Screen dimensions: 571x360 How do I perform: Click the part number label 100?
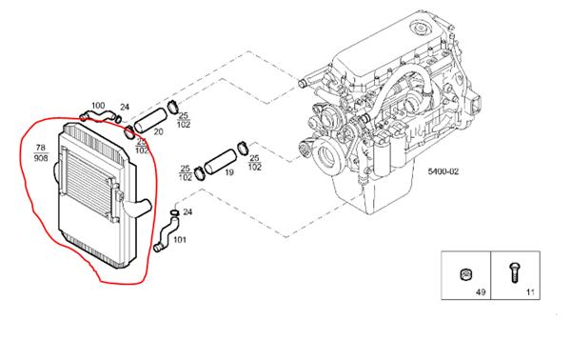[x=98, y=106]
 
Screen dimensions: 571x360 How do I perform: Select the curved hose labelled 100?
[x=97, y=116]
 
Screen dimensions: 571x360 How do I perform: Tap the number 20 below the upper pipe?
[x=158, y=131]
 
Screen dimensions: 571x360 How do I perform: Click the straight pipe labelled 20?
[x=150, y=120]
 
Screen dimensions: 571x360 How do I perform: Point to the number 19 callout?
[x=229, y=172]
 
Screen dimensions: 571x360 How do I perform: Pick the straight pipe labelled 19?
[x=221, y=161]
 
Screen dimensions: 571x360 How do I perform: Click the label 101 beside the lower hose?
[x=180, y=240]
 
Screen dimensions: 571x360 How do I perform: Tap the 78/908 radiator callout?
[x=40, y=153]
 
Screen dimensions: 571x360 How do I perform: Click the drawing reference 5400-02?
[x=443, y=171]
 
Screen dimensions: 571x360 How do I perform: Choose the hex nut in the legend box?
[x=465, y=273]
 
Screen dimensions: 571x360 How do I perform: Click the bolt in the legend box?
[x=515, y=272]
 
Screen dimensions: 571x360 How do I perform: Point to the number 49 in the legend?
[x=481, y=291]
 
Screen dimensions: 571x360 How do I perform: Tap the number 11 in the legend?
[x=530, y=291]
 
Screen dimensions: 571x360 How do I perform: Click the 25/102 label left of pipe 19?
[x=186, y=173]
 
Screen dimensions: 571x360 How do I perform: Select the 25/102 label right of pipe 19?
[x=254, y=163]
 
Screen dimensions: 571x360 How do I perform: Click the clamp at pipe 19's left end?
[x=199, y=173]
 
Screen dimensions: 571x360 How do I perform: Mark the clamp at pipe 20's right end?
[x=173, y=107]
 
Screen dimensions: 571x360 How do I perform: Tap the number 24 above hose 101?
[x=187, y=212]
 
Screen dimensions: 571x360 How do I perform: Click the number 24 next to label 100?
[x=125, y=107]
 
